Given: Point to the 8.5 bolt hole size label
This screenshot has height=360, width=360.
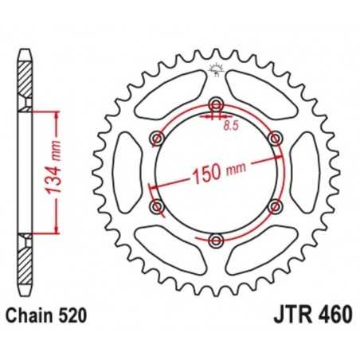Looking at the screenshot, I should (x=232, y=125).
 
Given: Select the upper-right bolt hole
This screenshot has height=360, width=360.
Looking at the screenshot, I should (x=275, y=139).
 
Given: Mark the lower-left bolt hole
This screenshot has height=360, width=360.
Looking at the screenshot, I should (x=157, y=207).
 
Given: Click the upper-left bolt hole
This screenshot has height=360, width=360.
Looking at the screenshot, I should (x=157, y=139).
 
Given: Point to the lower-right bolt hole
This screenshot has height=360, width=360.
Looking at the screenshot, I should (x=275, y=207).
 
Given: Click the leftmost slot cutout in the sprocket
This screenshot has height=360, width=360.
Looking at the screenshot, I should (x=127, y=174).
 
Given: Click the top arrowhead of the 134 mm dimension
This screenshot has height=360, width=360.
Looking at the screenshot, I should (x=56, y=115).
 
